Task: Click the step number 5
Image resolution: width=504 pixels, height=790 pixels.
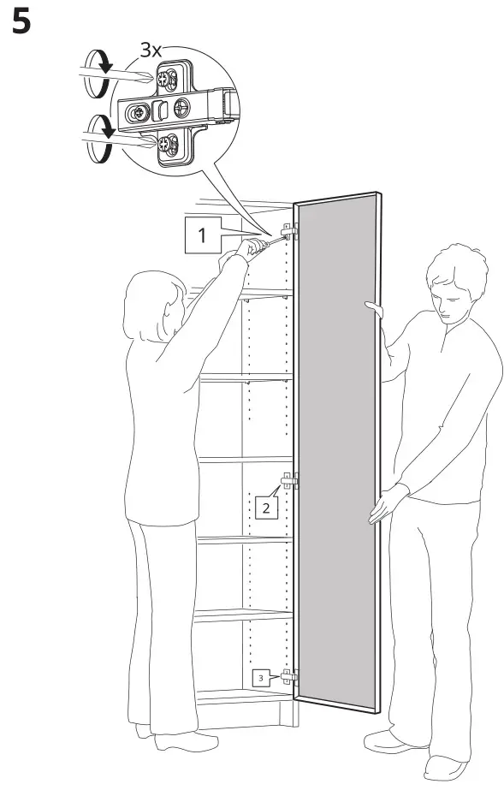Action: pyautogui.click(x=21, y=22)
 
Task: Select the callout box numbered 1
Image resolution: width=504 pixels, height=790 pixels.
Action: pyautogui.click(x=202, y=235)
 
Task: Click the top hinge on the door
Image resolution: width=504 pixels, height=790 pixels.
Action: pyautogui.click(x=289, y=231)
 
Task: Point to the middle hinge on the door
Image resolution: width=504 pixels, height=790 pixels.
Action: pyautogui.click(x=289, y=483)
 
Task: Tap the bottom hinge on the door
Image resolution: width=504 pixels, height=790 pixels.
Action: pyautogui.click(x=289, y=676)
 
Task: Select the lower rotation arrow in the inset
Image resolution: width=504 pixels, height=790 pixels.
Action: pyautogui.click(x=99, y=140)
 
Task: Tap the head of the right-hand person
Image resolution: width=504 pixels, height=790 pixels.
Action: pyautogui.click(x=452, y=282)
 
